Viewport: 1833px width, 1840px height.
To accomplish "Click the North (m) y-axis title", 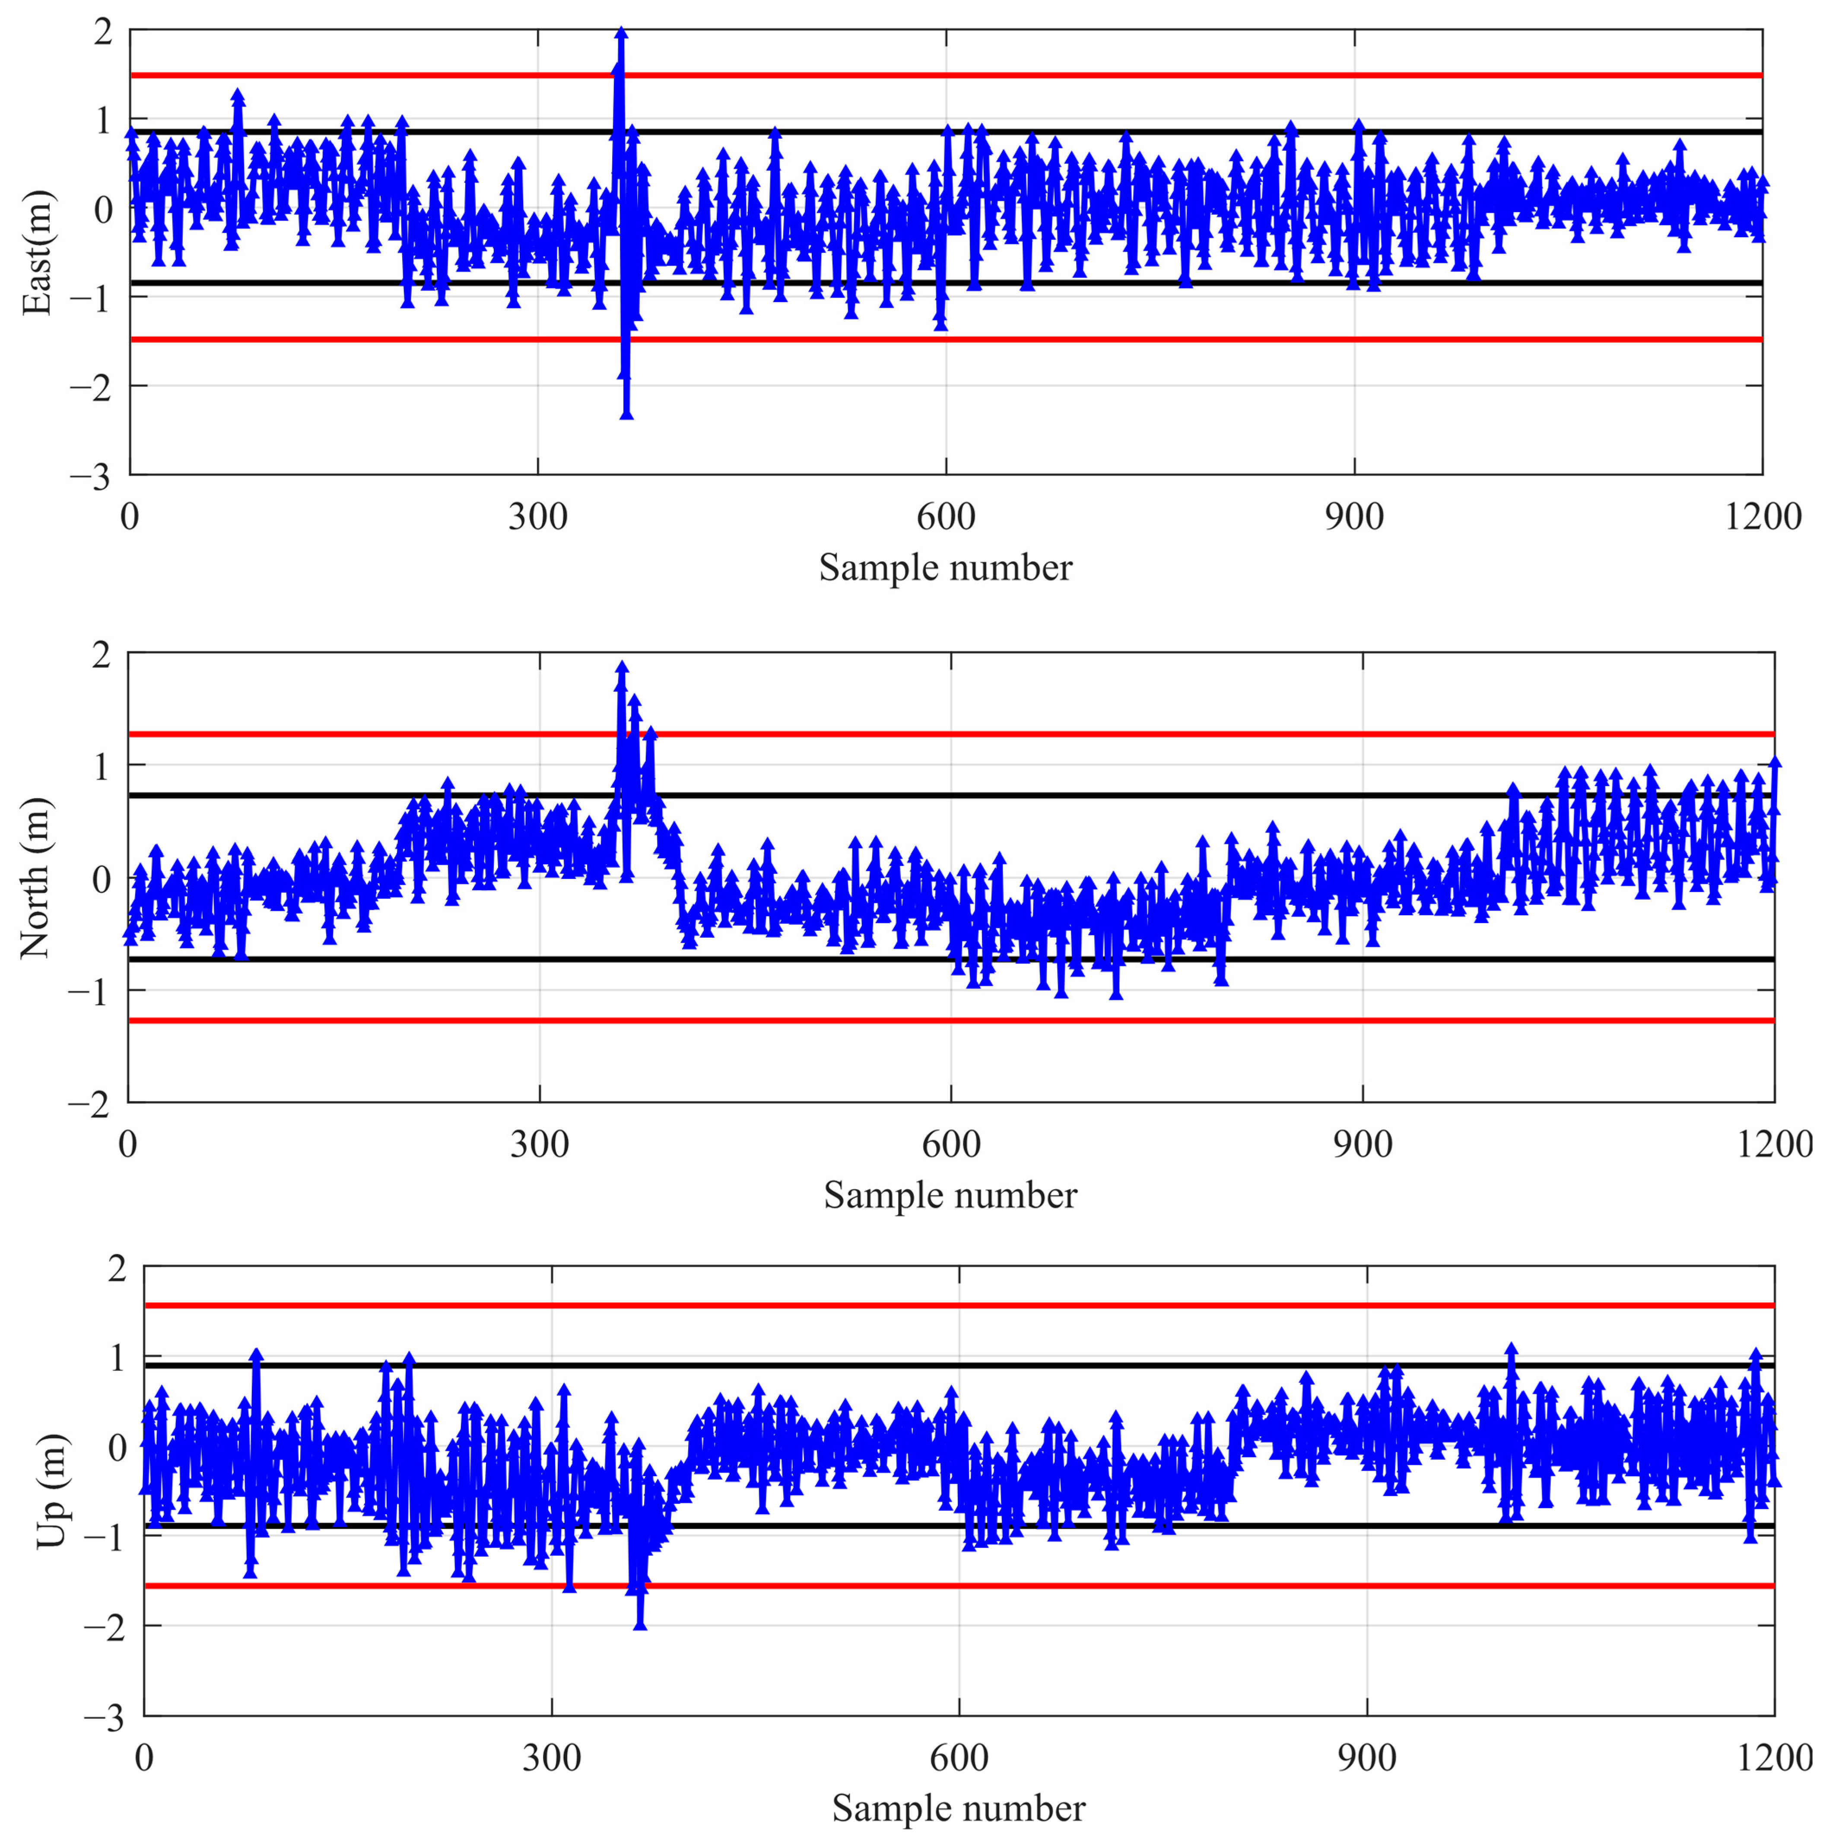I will click(x=36, y=877).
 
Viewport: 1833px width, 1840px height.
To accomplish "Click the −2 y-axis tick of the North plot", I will click(x=90, y=1103).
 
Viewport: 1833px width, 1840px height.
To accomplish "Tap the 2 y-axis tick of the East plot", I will click(x=102, y=32).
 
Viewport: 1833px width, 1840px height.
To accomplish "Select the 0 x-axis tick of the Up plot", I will click(x=144, y=1757).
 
